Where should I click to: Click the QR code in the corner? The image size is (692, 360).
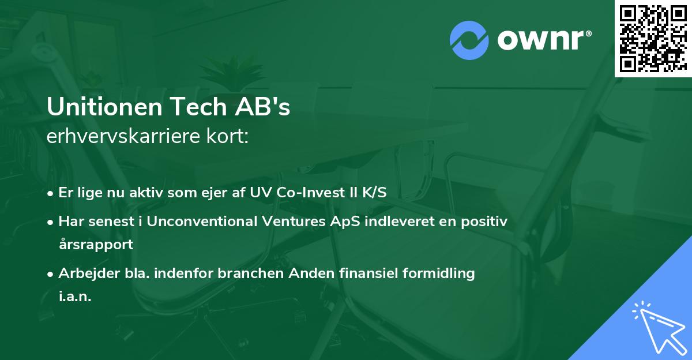653,38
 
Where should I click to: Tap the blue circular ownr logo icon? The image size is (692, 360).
469,40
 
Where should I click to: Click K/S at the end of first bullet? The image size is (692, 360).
375,192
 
